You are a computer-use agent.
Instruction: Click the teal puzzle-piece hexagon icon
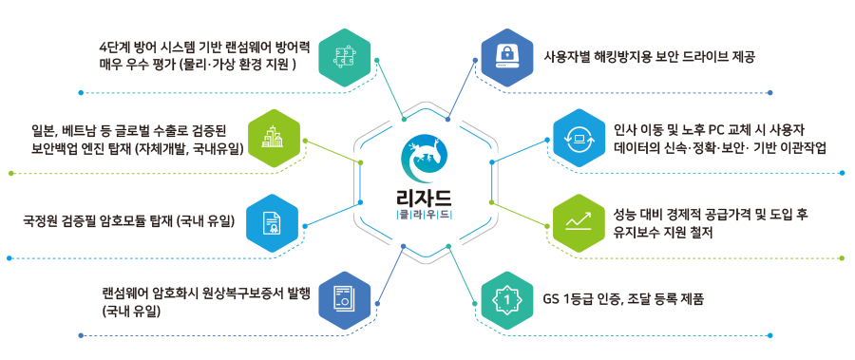343,56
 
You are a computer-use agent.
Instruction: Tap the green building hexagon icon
273,139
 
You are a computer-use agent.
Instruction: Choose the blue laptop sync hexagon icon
577,139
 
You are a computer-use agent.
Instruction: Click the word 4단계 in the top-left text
117,47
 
